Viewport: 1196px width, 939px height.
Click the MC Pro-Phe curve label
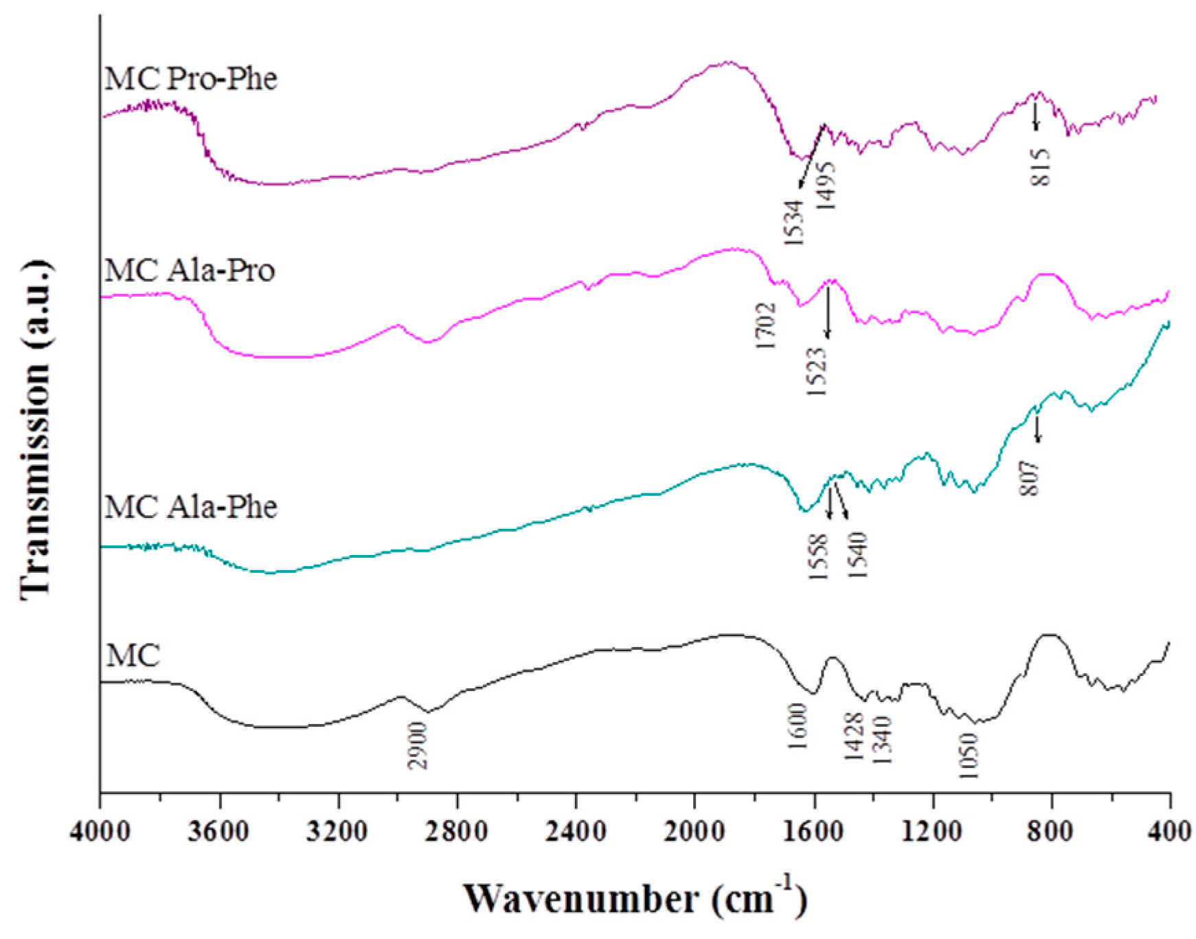click(191, 79)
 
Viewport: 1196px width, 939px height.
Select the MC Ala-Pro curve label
click(190, 271)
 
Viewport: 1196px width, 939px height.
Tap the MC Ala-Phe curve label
click(191, 507)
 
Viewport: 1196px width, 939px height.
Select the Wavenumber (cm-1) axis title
click(635, 897)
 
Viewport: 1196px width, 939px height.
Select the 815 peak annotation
click(1041, 167)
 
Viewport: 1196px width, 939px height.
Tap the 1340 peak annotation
click(881, 740)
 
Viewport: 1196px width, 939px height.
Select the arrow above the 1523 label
click(828, 313)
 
